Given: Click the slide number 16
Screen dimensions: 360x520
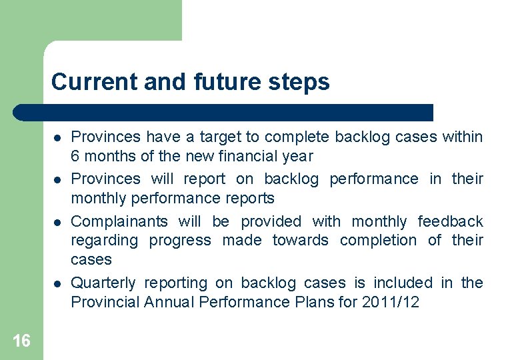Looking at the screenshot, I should click(21, 341).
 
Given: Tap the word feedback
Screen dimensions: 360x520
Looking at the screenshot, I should click(450, 221).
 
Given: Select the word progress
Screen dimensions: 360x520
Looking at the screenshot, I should click(180, 241).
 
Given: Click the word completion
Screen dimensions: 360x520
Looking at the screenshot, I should click(378, 241).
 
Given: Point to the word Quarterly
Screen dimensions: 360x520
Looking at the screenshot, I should click(104, 283).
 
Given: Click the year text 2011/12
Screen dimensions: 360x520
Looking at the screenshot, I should click(391, 303).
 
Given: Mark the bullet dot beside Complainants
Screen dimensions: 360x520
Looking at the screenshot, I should click(58, 222).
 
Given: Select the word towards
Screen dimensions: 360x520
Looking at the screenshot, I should click(301, 241).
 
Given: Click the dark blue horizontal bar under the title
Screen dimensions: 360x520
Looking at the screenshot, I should click(223, 112).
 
